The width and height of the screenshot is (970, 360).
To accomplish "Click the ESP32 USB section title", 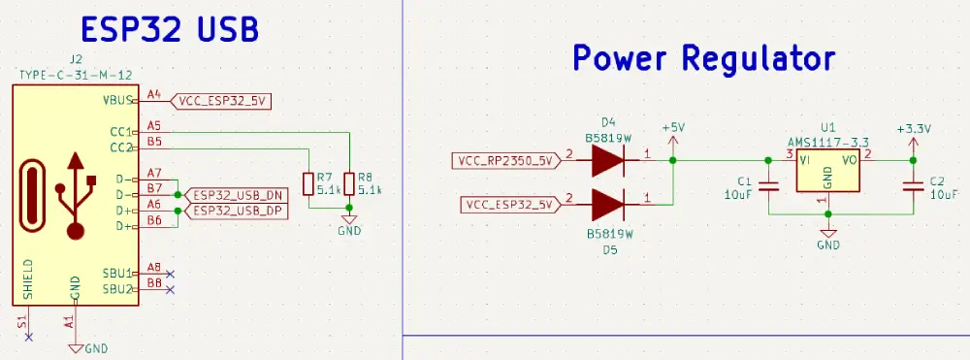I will (x=169, y=30).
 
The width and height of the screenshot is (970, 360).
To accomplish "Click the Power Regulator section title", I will (x=703, y=58).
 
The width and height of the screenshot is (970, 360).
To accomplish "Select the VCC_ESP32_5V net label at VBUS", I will (x=222, y=99).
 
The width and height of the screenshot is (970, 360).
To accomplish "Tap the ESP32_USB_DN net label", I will (x=236, y=194).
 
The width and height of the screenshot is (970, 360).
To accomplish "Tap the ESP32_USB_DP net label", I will (x=236, y=210).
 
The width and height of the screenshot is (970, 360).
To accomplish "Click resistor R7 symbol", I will (x=309, y=183).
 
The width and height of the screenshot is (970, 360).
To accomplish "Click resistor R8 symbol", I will (x=348, y=183).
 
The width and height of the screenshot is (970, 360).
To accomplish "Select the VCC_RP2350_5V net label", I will (x=503, y=160).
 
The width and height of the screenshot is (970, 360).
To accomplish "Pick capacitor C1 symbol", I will (x=768, y=186).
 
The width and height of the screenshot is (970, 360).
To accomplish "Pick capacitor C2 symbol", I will (x=912, y=186).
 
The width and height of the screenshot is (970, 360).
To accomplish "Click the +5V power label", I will (x=672, y=128).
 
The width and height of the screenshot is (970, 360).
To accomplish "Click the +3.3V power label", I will (x=913, y=128).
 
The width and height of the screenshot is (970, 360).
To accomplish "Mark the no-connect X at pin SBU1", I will (x=171, y=274).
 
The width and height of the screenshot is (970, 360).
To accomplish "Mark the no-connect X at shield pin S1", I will (x=28, y=337).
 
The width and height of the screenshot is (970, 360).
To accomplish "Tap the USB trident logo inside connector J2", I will (x=77, y=194).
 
